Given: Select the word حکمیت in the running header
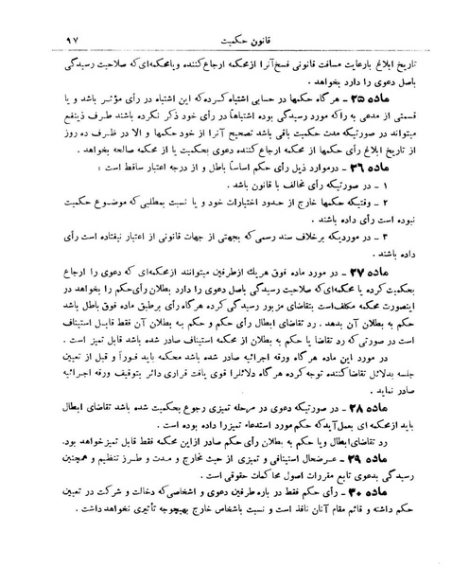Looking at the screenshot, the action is pos(217,14).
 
